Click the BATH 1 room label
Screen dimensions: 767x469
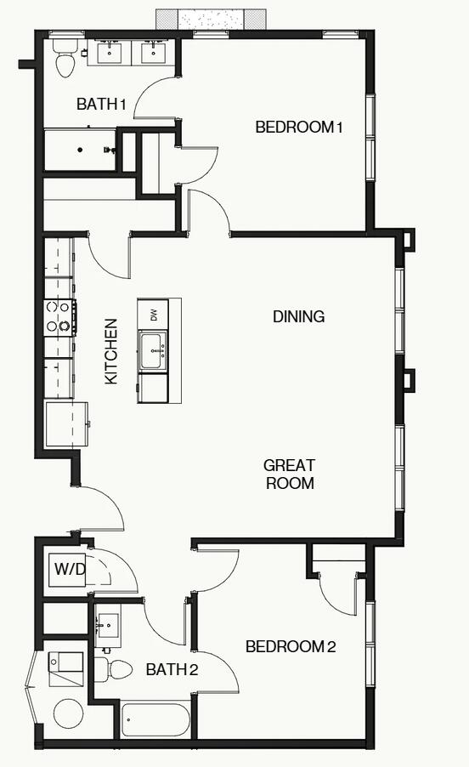pyautogui.click(x=101, y=105)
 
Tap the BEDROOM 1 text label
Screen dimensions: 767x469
pyautogui.click(x=298, y=128)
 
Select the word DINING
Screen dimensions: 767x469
pyautogui.click(x=298, y=316)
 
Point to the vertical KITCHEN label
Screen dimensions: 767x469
pyautogui.click(x=111, y=351)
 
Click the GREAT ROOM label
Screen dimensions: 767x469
pyautogui.click(x=289, y=474)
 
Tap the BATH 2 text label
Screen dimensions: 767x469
pyautogui.click(x=172, y=670)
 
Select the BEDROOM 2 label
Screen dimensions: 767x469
pyautogui.click(x=291, y=647)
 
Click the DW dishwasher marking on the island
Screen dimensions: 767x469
pyautogui.click(x=154, y=314)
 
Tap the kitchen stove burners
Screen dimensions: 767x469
pyautogui.click(x=58, y=315)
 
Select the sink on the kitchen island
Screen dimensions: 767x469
pyautogui.click(x=153, y=351)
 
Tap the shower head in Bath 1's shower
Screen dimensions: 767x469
pyautogui.click(x=109, y=150)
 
